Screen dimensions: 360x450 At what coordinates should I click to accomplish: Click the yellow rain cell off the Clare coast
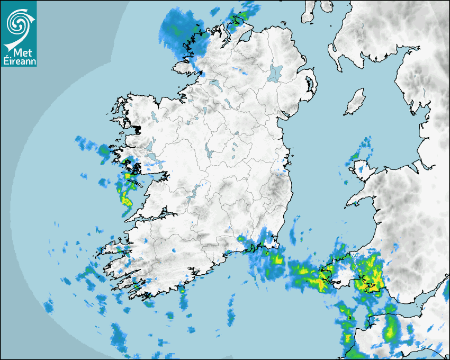(127, 199)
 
